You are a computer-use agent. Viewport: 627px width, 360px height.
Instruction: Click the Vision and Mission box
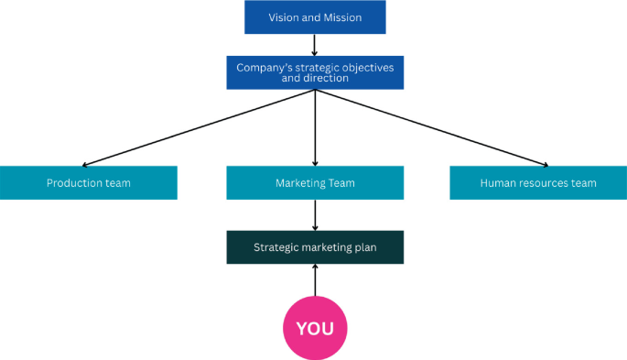coord(315,17)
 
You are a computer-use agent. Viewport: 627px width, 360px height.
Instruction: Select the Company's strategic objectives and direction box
coord(315,72)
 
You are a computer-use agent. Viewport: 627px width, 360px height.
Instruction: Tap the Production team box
coord(88,182)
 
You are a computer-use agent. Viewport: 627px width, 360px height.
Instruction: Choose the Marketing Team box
coord(315,182)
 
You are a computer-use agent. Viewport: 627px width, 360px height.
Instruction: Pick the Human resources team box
coord(537,182)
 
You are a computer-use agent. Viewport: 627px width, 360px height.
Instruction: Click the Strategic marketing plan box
coord(315,246)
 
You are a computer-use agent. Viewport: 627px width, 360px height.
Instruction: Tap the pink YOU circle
coord(315,327)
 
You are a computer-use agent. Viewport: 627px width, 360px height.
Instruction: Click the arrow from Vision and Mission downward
coord(315,45)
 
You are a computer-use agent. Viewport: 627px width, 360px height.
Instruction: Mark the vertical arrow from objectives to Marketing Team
coord(315,127)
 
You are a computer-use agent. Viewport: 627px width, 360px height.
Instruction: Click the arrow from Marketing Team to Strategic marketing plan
coord(315,214)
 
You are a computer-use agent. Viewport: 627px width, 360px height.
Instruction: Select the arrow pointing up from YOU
coord(315,279)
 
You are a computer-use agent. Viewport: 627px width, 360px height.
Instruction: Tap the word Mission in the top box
coord(342,17)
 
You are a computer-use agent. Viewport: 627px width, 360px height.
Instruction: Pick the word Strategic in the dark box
coord(276,247)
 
